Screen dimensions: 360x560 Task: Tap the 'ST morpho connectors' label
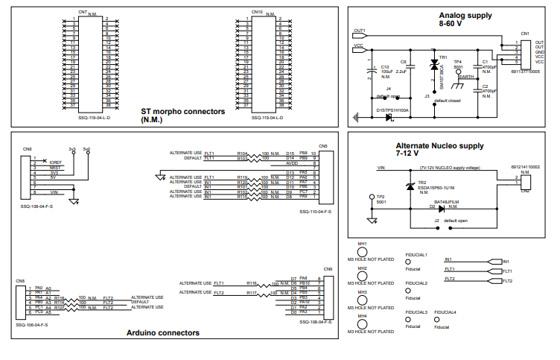coord(182,111)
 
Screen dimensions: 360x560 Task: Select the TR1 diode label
coord(443,57)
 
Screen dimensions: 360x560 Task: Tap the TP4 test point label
coord(458,62)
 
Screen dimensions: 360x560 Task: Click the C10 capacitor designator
coord(384,66)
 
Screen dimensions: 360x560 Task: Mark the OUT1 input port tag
coord(358,31)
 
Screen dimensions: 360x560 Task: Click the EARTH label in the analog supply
coord(467,76)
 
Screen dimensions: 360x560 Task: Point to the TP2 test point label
coord(381,197)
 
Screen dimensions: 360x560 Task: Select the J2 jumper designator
coord(436,221)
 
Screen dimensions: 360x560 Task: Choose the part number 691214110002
coord(525,167)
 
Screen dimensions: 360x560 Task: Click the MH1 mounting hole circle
coord(363,252)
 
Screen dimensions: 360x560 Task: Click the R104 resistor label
coord(242,153)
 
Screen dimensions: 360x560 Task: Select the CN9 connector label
coord(328,268)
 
